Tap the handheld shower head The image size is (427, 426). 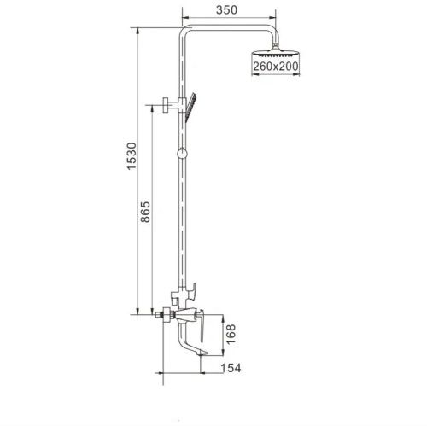tap(196, 105)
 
